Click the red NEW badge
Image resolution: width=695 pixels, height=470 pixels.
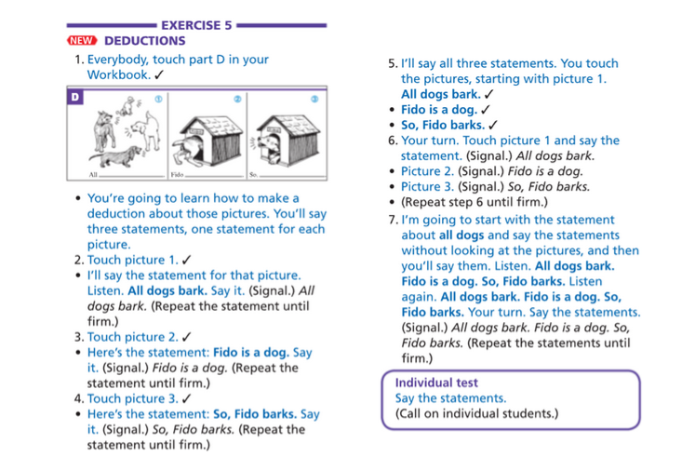84,41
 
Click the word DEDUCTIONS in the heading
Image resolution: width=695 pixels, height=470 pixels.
145,41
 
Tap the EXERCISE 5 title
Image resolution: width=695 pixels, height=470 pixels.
196,25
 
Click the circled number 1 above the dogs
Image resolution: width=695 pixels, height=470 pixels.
158,98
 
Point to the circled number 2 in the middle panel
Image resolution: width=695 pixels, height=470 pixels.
237,98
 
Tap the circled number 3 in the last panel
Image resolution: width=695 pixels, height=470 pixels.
315,98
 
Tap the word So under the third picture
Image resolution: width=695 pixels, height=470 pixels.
253,175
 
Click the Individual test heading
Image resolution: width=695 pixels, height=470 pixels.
436,383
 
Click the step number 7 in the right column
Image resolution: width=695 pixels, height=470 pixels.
393,221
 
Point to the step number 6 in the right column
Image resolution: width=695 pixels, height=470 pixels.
393,141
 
